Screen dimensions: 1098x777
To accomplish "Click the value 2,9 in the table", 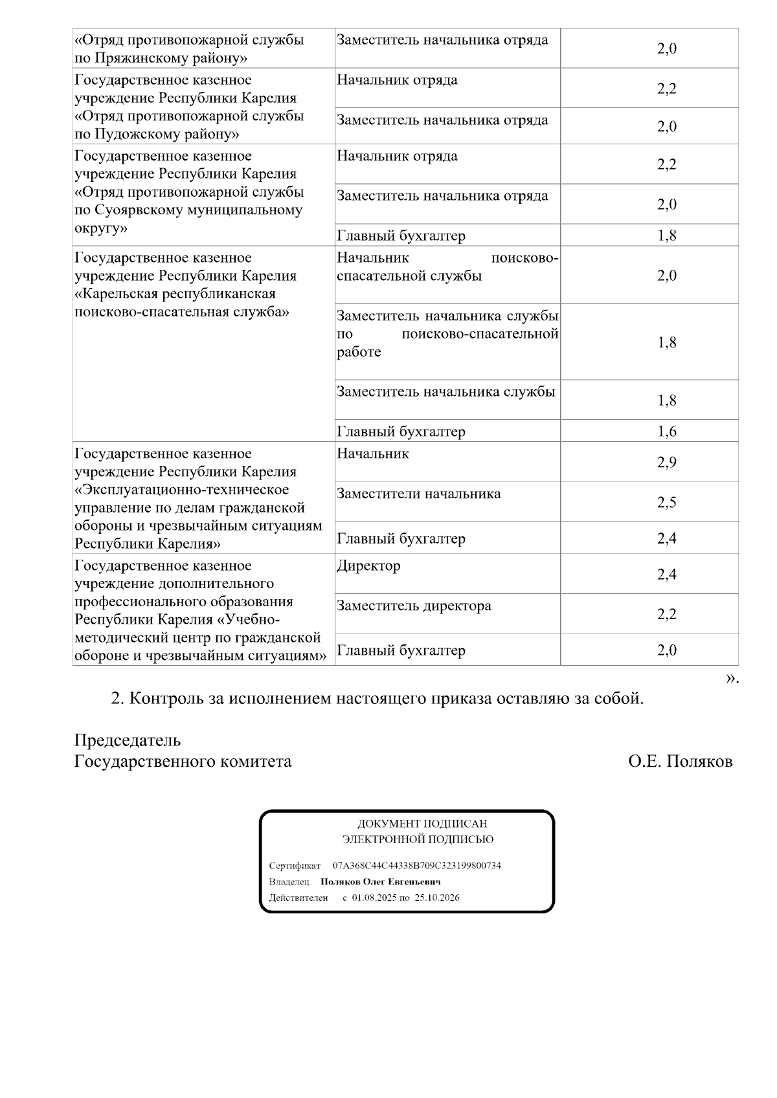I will point(666,463).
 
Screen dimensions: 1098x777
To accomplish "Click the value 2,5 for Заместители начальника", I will point(666,503).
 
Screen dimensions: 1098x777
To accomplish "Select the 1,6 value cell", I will point(666,432).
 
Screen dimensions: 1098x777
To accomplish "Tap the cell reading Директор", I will point(368,566).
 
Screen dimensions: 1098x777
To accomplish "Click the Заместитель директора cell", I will point(414,606).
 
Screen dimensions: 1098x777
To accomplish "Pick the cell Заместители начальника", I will point(418,494).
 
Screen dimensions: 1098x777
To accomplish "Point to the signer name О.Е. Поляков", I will point(680,762).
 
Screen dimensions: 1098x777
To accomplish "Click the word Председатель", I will point(128,740).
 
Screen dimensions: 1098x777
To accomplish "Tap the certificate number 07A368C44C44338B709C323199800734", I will point(416,866).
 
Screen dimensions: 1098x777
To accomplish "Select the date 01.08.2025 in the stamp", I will point(374,898).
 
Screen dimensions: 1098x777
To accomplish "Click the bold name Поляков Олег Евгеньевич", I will point(381,882).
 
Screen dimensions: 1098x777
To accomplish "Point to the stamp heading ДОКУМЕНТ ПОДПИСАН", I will point(422,824).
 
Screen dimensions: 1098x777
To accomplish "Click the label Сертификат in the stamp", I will point(295,866).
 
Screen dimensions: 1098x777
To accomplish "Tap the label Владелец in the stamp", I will point(289,882).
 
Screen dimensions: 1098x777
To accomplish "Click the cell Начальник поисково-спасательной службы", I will point(447,267).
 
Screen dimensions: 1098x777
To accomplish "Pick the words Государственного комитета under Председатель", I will point(183,762).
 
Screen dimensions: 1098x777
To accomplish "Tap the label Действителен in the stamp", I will point(298,898).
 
